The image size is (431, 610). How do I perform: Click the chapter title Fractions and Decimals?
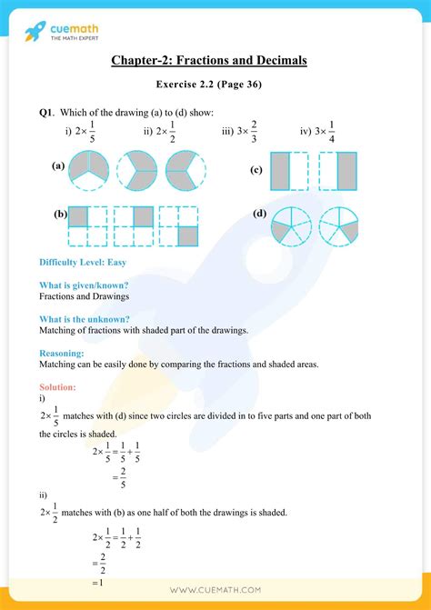(x=208, y=61)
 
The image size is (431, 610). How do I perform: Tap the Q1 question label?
(x=46, y=113)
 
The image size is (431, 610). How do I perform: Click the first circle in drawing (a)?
(x=88, y=170)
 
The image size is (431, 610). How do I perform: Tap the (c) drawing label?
(x=256, y=170)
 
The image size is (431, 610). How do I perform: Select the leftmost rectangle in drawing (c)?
(x=280, y=171)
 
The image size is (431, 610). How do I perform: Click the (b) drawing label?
(x=60, y=215)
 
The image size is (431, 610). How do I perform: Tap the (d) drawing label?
(x=259, y=214)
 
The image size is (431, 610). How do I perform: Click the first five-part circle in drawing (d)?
(x=292, y=226)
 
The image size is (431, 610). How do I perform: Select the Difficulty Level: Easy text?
(x=82, y=262)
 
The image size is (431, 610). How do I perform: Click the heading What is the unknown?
(x=84, y=319)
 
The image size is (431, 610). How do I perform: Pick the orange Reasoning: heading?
(x=62, y=353)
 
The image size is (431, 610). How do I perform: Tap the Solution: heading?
(x=58, y=387)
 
